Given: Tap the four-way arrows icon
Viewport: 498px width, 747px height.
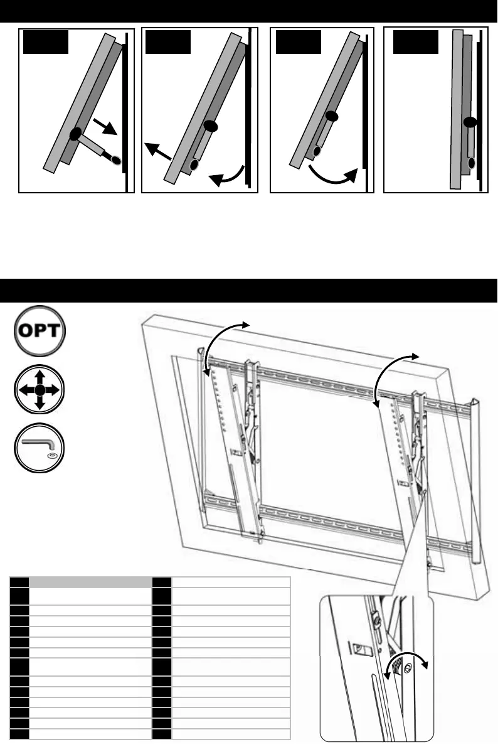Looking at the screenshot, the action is click(39, 390).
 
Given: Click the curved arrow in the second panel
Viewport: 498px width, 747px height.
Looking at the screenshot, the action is click(226, 174).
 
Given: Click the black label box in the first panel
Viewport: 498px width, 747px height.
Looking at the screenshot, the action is click(45, 41).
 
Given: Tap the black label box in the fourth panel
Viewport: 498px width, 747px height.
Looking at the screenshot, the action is click(415, 41).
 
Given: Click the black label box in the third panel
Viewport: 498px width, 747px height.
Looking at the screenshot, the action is click(299, 41).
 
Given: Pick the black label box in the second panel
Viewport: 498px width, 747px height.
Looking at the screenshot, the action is click(167, 41).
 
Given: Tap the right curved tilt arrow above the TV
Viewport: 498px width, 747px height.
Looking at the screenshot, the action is click(393, 377).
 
